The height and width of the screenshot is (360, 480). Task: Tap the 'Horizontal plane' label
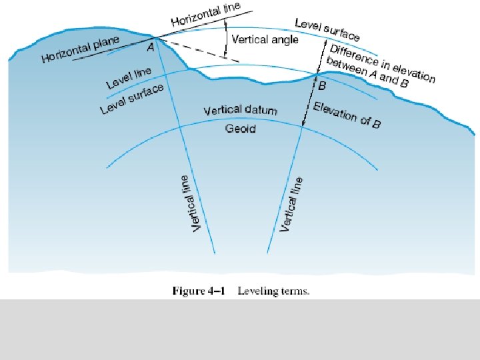pos(80,49)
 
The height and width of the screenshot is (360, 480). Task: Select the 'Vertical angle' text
pos(265,39)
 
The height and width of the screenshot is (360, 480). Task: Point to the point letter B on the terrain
pos(322,85)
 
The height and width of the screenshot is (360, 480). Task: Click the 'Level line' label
pos(129,78)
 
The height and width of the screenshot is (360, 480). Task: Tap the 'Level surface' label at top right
pos(327,29)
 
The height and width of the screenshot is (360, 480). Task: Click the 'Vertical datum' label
pos(240,109)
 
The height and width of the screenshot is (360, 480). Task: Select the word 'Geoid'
pos(240,128)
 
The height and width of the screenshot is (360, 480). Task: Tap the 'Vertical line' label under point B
pos(291,203)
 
